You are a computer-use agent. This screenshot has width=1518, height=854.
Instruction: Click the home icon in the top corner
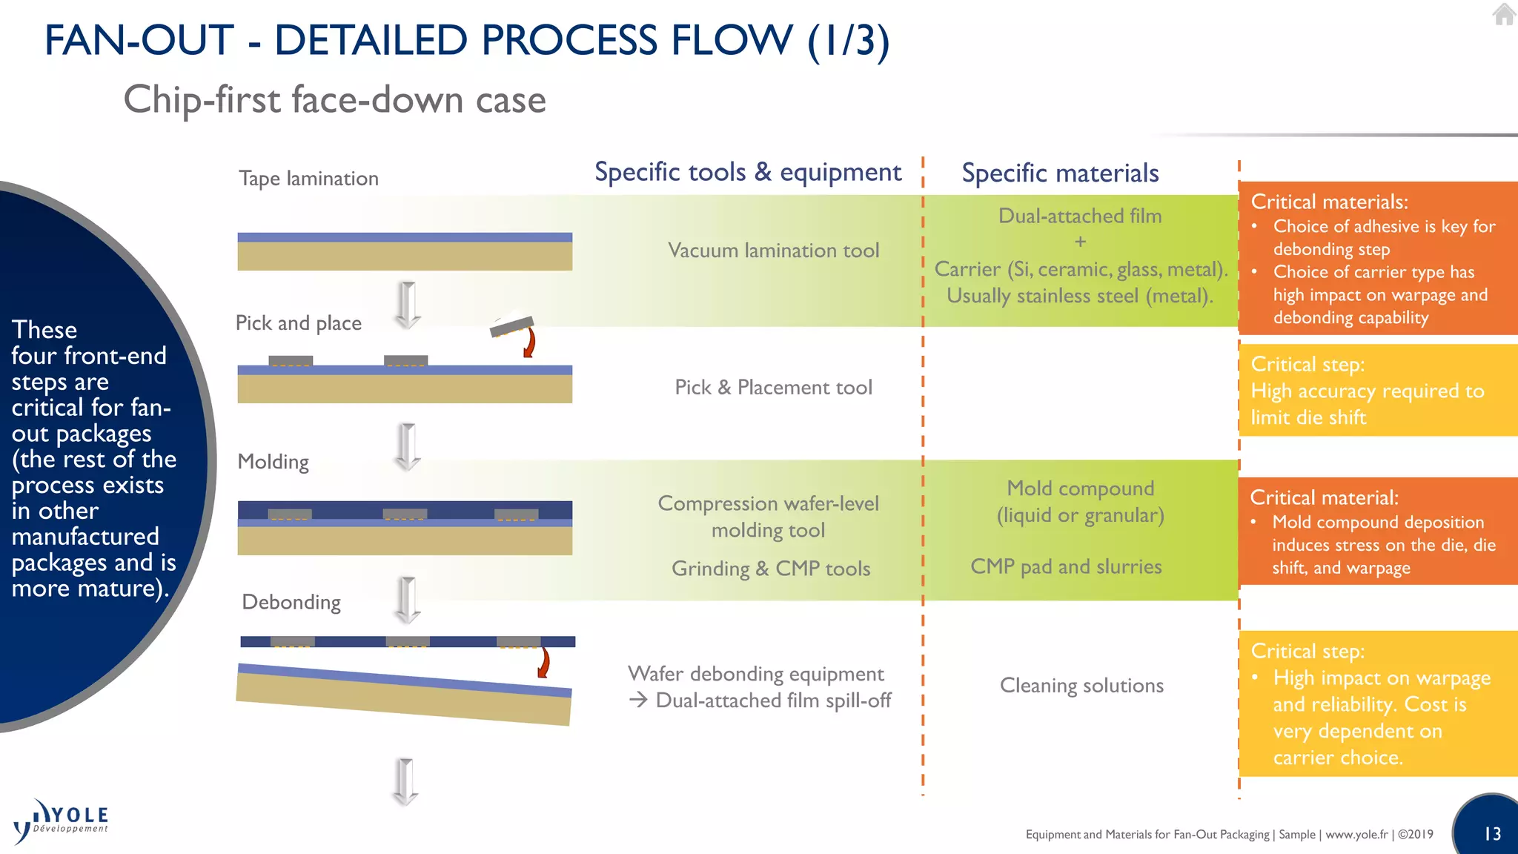pos(1504,14)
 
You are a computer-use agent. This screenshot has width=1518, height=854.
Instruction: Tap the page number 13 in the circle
pos(1492,834)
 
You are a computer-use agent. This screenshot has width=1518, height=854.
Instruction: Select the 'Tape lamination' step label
pos(308,179)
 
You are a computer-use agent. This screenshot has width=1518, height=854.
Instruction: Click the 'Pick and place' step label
pos(298,323)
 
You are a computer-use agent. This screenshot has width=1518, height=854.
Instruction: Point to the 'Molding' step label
pos(273,462)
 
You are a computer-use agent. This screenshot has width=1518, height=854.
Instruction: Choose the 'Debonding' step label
pos(291,602)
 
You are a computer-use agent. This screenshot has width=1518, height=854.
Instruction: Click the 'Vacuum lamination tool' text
pos(773,251)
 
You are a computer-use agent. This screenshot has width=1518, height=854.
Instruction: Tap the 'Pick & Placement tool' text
pos(773,388)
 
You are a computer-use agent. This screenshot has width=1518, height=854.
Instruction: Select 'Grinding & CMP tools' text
pos(771,569)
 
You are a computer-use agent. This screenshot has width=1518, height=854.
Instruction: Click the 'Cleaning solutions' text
pos(1081,686)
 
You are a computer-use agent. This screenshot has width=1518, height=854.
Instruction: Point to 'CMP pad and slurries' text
pos(1066,567)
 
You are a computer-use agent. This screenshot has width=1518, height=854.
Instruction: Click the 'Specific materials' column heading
pos(1060,173)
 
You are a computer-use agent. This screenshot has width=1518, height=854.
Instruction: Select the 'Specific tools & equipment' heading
pos(748,172)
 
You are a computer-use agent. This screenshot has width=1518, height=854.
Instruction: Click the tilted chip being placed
pos(511,325)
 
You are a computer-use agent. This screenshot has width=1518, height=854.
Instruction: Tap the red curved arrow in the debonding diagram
pos(544,662)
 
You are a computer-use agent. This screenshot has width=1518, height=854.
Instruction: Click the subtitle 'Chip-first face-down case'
pos(334,99)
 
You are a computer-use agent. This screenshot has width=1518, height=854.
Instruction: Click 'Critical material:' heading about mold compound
pos(1324,497)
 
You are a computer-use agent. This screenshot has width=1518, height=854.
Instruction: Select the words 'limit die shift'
pos(1308,417)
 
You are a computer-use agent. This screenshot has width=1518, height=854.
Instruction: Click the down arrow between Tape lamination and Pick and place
pos(407,304)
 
